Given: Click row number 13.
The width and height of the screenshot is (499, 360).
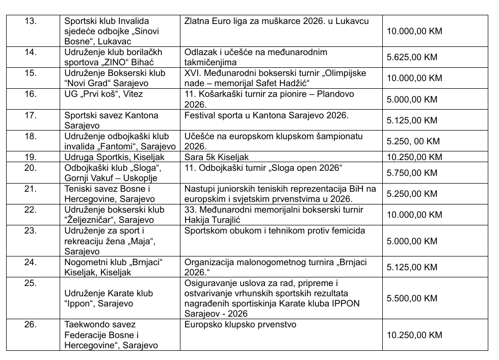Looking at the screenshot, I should [x=32, y=21].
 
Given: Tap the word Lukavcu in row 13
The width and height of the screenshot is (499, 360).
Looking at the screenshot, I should [x=351, y=21].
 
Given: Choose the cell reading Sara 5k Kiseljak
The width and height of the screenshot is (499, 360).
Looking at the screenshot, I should [x=217, y=157].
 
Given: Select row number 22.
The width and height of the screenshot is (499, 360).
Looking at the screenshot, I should [x=32, y=209].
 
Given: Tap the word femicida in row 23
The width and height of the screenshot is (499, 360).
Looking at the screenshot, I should [x=345, y=230].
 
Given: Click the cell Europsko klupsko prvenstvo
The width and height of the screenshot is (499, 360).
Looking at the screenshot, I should [x=241, y=324].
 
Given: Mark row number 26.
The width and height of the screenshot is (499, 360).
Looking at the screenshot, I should [x=32, y=324].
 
